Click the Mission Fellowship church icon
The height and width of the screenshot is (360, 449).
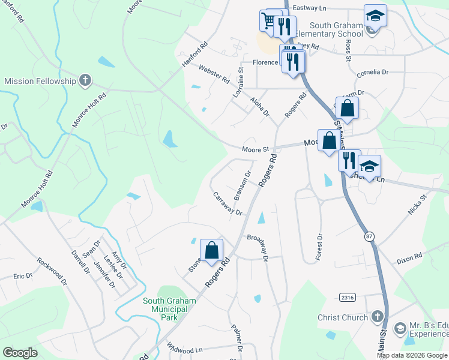pyautogui.click(x=86, y=80)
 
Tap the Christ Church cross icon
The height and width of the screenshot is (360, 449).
pyautogui.click(x=377, y=316)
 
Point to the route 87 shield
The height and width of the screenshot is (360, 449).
pyautogui.click(x=369, y=237)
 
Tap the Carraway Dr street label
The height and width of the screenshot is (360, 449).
pyautogui.click(x=228, y=204)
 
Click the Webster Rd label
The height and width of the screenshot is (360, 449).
pyautogui.click(x=214, y=74)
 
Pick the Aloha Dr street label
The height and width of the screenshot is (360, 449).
pyautogui.click(x=261, y=106)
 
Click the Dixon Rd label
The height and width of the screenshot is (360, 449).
pyautogui.click(x=409, y=259)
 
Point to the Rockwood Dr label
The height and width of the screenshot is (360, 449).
pyautogui.click(x=50, y=271)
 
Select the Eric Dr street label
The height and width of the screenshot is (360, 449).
pyautogui.click(x=23, y=276)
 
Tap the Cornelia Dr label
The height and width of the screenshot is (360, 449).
pyautogui.click(x=372, y=73)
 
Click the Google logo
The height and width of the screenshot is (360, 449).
pyautogui.click(x=20, y=353)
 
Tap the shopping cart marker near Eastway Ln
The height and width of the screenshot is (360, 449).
pyautogui.click(x=268, y=20)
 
